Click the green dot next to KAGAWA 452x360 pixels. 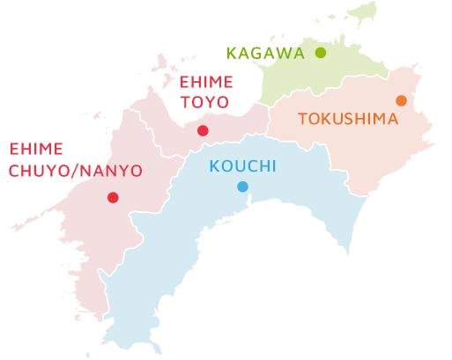321,53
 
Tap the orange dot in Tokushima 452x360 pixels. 401,100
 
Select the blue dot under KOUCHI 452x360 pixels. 242,186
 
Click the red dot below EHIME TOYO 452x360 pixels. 203,130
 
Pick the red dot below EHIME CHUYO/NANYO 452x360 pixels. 113,197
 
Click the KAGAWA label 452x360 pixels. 265,53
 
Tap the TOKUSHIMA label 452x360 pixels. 348,118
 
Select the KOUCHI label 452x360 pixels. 242,166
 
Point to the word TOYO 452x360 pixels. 204,102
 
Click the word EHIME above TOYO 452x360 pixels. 206,83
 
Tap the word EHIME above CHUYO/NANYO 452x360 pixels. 36,151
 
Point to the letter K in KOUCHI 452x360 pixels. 215,166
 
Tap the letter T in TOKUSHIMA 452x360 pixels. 303,118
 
